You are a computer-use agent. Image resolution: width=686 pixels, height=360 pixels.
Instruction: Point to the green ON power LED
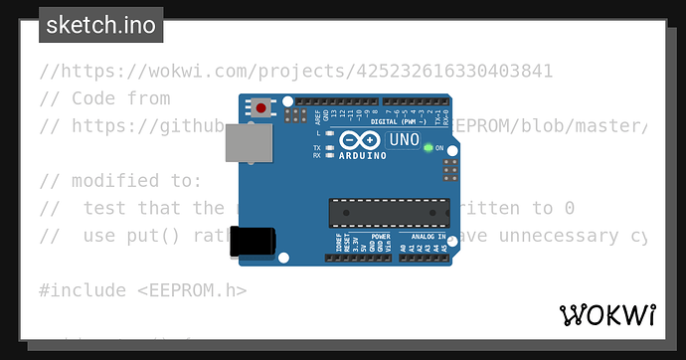point(429,148)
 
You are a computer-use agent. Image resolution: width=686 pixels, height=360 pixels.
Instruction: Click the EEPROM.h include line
point(142,290)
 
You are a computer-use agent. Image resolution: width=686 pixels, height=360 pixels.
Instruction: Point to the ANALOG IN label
point(429,237)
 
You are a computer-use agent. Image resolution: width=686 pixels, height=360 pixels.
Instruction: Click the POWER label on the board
point(381,237)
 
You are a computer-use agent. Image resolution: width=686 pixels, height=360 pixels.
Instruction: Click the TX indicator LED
point(328,147)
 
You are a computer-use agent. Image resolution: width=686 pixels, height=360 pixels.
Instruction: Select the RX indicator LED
point(328,155)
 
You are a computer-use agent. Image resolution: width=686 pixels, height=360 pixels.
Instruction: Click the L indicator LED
point(328,132)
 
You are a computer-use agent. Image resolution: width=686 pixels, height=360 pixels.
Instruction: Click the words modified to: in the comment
point(120,181)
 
